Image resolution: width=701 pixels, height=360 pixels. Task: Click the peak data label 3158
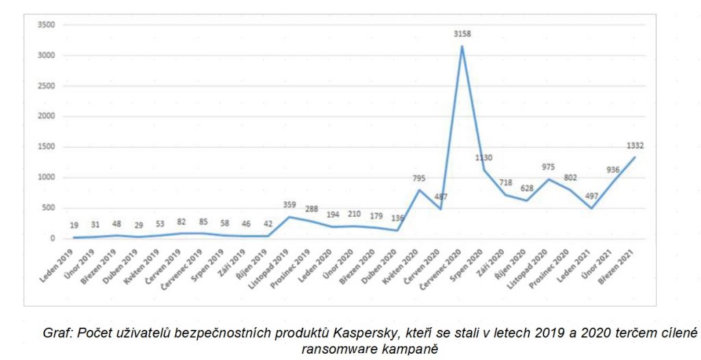(x=462, y=34)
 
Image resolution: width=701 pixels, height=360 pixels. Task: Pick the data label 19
(x=75, y=225)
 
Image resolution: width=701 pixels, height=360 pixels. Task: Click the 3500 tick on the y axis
(x=45, y=25)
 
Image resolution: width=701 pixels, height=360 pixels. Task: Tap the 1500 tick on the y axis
(x=45, y=147)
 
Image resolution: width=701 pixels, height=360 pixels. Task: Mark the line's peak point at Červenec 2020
(x=462, y=46)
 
